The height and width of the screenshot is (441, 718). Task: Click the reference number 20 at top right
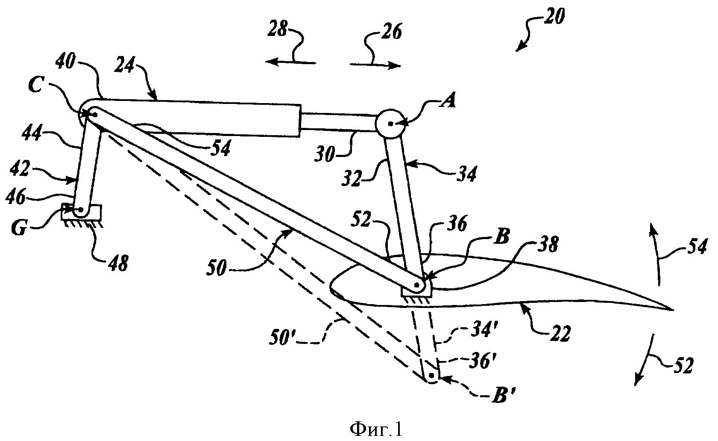[x=554, y=17]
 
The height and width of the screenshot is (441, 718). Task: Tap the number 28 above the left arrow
[x=278, y=31]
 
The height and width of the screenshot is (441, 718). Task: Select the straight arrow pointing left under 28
[x=290, y=62]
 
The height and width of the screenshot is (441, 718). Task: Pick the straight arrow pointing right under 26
[x=375, y=65]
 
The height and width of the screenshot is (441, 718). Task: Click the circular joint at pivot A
[x=390, y=124]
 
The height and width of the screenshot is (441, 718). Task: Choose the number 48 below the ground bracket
[x=117, y=263]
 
